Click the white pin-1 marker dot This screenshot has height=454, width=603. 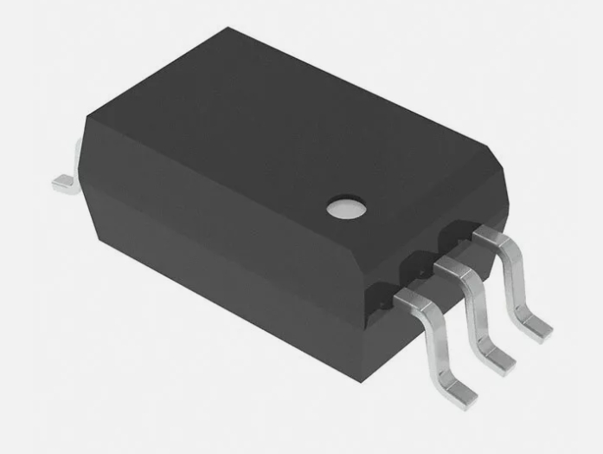coord(346,206)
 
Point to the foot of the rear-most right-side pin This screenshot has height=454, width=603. coord(534,327)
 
